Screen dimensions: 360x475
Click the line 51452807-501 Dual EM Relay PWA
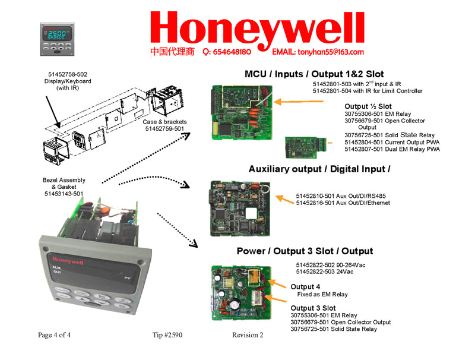392,149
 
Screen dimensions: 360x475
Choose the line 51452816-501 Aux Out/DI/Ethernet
343,203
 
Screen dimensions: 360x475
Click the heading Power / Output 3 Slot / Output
305,251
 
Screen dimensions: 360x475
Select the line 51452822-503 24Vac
324,271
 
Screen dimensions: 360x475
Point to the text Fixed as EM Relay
322,295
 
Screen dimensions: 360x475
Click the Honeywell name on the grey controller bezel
66,260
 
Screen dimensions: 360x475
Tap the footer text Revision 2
248,335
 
